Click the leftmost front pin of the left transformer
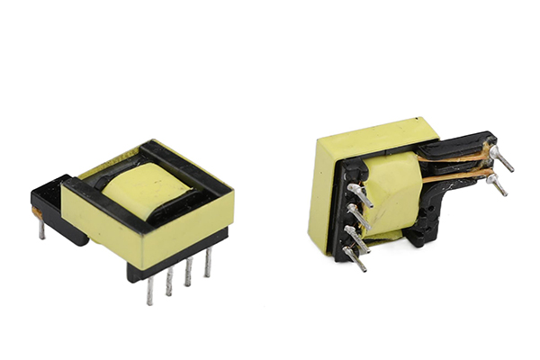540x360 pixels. pos(149,290)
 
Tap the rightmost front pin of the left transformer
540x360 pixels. pos(207,263)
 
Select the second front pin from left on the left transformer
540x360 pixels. pos(168,282)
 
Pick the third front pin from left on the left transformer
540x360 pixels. pos(188,272)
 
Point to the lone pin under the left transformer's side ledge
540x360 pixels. pos(41,229)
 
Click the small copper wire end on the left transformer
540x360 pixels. pos(37,213)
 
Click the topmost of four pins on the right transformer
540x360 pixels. pos(359,194)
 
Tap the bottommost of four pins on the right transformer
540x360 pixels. pos(356,259)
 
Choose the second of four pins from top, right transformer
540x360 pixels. pos(358,216)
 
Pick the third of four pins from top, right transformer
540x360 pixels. pos(357,238)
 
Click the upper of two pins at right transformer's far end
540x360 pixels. pos(502,159)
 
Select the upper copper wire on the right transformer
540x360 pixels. pos(459,157)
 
